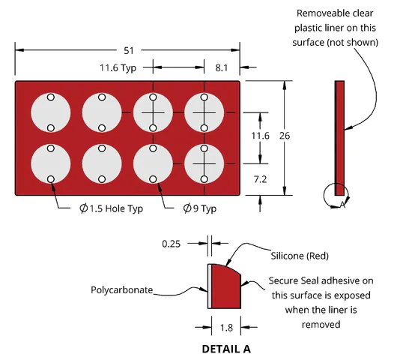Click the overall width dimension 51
pyautogui.click(x=129, y=50)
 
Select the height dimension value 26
pyautogui.click(x=285, y=136)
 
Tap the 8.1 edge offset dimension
pyautogui.click(x=222, y=67)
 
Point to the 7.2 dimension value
pyautogui.click(x=260, y=179)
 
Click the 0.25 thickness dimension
pyautogui.click(x=171, y=244)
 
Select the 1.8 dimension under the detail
pyautogui.click(x=226, y=328)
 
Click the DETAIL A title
pyautogui.click(x=226, y=349)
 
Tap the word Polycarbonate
pyautogui.click(x=121, y=289)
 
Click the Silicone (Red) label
pyautogui.click(x=300, y=256)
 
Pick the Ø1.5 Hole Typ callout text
pyautogui.click(x=111, y=208)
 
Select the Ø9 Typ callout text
pyautogui.click(x=200, y=208)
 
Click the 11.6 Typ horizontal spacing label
pyautogui.click(x=118, y=67)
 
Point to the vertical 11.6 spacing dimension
pyautogui.click(x=260, y=136)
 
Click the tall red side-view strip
pyautogui.click(x=339, y=138)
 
